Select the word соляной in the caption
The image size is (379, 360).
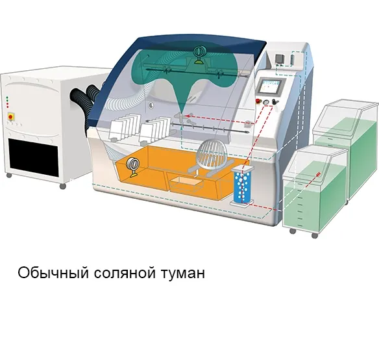[125, 274]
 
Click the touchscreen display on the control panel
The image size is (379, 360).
[271, 86]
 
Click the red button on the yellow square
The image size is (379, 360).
[10, 117]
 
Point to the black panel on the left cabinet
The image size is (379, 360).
[34, 157]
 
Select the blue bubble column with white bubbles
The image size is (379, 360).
[243, 185]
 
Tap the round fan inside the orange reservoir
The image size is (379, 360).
[134, 165]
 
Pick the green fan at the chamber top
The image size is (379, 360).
[199, 55]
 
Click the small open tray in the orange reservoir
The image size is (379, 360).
[186, 184]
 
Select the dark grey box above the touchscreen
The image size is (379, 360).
[280, 59]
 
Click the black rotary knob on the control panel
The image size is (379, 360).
[275, 101]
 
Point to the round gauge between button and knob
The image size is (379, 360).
[266, 102]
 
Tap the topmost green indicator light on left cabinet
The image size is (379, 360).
[7, 98]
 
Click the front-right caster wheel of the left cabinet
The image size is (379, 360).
[63, 186]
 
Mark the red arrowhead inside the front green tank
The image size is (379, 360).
[319, 174]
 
